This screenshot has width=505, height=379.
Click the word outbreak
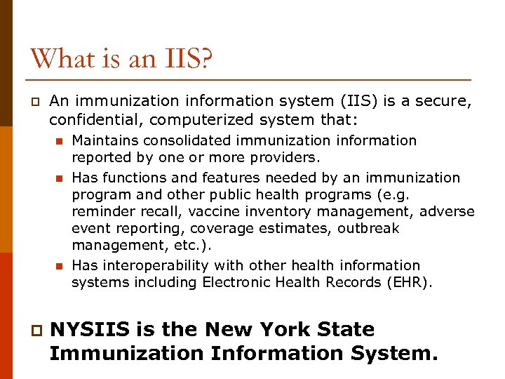[368, 229]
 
